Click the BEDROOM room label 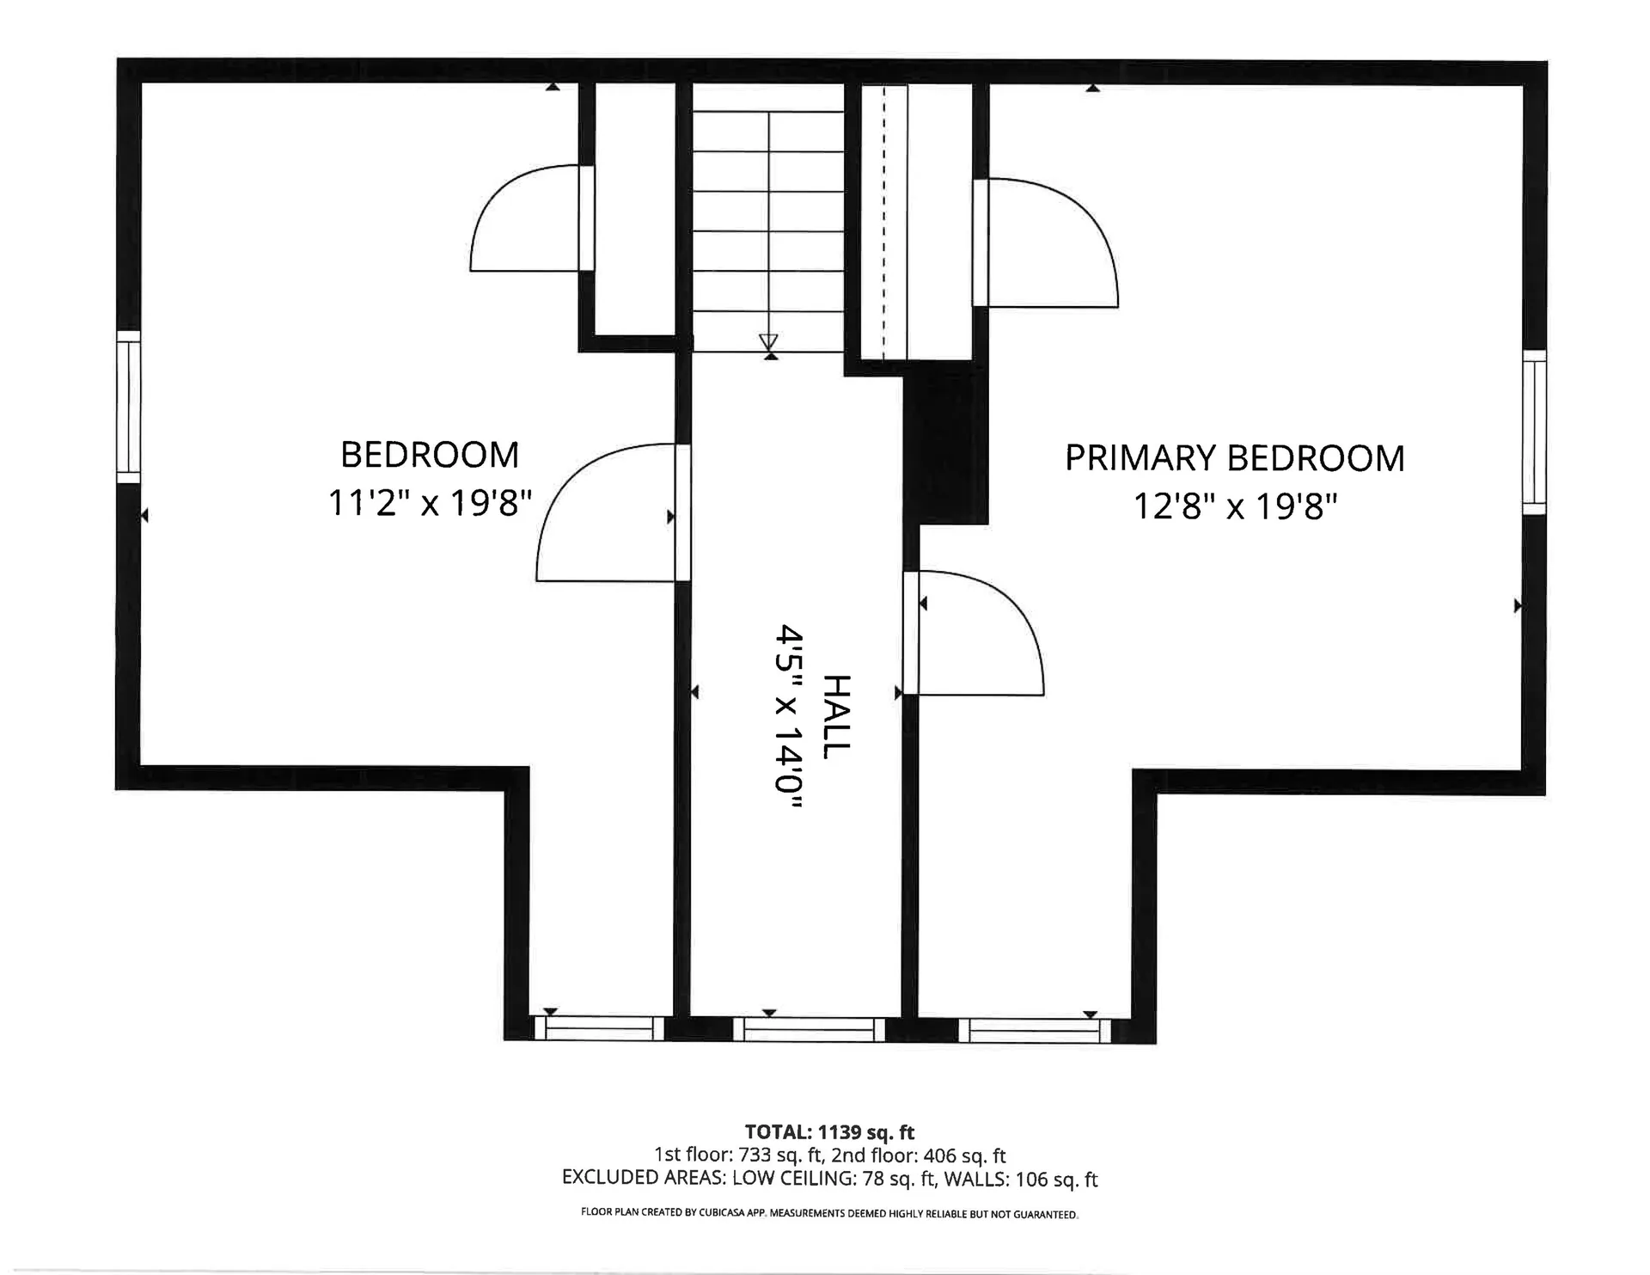coord(430,455)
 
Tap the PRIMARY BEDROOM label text coord(1235,458)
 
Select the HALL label coord(835,716)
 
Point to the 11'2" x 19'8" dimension coord(430,502)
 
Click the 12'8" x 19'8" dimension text coord(1236,506)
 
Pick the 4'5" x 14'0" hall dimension coord(789,717)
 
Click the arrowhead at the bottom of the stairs coord(768,340)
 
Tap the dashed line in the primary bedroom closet coord(883,223)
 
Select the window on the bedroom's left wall coord(128,407)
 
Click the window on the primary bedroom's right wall coord(1534,432)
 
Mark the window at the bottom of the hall coord(809,1029)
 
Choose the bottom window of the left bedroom coord(599,1028)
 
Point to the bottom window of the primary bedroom coord(1035,1030)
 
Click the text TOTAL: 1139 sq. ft coord(829,1132)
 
